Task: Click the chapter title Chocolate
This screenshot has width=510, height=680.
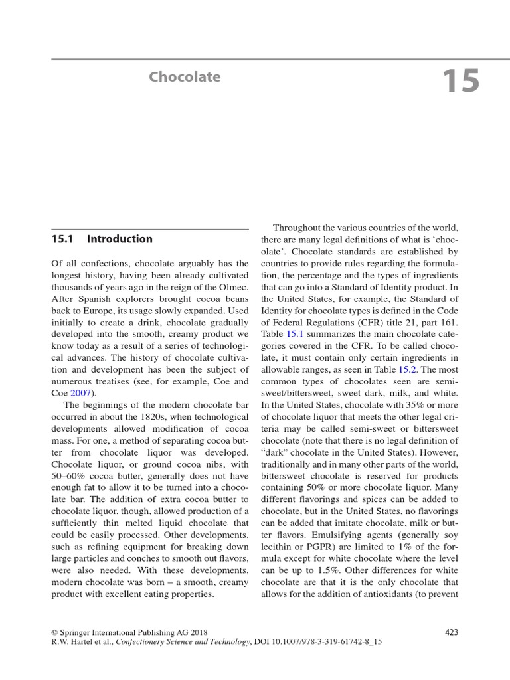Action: [185, 77]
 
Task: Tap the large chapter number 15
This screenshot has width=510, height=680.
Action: [460, 81]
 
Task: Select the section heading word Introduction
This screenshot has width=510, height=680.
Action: [120, 239]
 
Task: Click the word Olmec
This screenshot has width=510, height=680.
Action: [232, 286]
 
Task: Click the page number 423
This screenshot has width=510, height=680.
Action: [451, 632]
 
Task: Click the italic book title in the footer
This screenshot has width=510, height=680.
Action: [183, 643]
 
